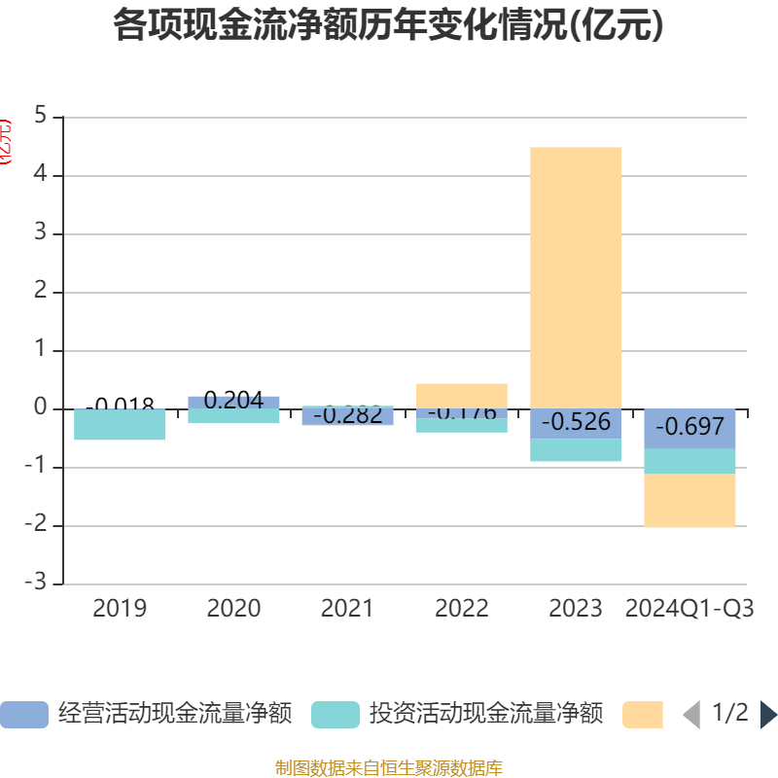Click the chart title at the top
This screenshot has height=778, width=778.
[388, 26]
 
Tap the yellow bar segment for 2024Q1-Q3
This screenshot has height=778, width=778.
[690, 501]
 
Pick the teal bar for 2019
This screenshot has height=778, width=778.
[120, 426]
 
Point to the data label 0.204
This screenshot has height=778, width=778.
[233, 400]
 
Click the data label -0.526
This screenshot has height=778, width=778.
[576, 422]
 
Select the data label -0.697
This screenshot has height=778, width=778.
[690, 426]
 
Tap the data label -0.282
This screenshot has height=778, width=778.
[347, 415]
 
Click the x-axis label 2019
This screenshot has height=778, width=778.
[120, 609]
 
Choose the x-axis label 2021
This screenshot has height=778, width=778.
[347, 609]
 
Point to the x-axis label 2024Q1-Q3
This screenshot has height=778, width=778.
[690, 609]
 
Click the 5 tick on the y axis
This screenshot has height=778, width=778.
[40, 117]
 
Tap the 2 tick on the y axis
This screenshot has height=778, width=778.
[40, 292]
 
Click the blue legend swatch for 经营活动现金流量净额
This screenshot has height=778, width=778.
[24, 715]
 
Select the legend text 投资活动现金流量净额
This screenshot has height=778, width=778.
[485, 715]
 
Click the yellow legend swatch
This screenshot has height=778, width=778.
[643, 715]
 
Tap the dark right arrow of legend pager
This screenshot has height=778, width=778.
[768, 715]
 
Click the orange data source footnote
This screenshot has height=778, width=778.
[388, 768]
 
